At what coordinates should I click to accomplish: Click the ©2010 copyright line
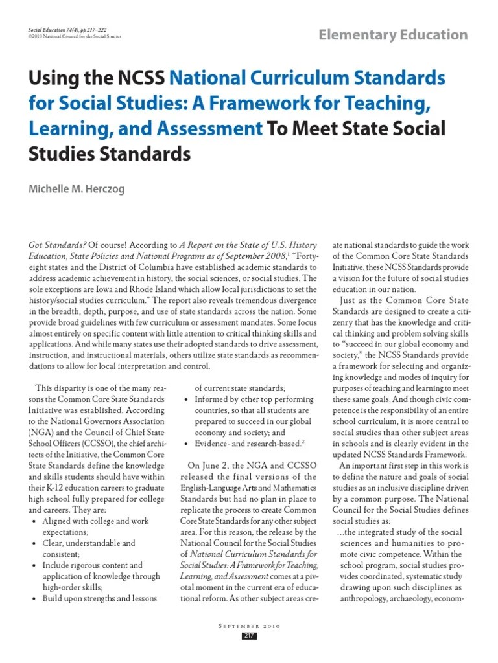tap(75, 37)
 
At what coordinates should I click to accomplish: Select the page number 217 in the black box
tap(249, 636)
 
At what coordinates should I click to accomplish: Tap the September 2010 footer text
tap(249, 625)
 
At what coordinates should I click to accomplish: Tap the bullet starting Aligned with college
tap(95, 521)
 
